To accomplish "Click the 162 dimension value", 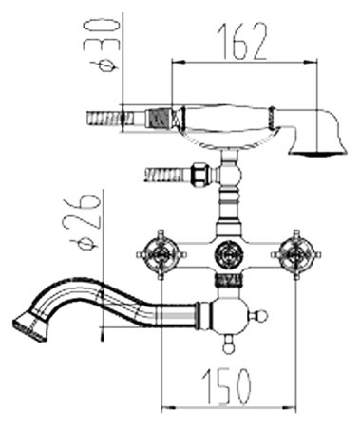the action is pos(242,41).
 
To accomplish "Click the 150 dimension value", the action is pos(227,386).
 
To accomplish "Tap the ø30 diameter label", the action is pos(102,46).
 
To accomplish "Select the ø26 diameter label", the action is pos(82,224).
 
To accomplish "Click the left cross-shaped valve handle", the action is pos(161,254).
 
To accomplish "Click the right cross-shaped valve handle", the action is pos(296,254).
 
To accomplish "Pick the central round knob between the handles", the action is pos(229,254).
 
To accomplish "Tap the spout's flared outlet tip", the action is pos(30,325).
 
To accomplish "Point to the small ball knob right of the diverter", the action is pos(262,315).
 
